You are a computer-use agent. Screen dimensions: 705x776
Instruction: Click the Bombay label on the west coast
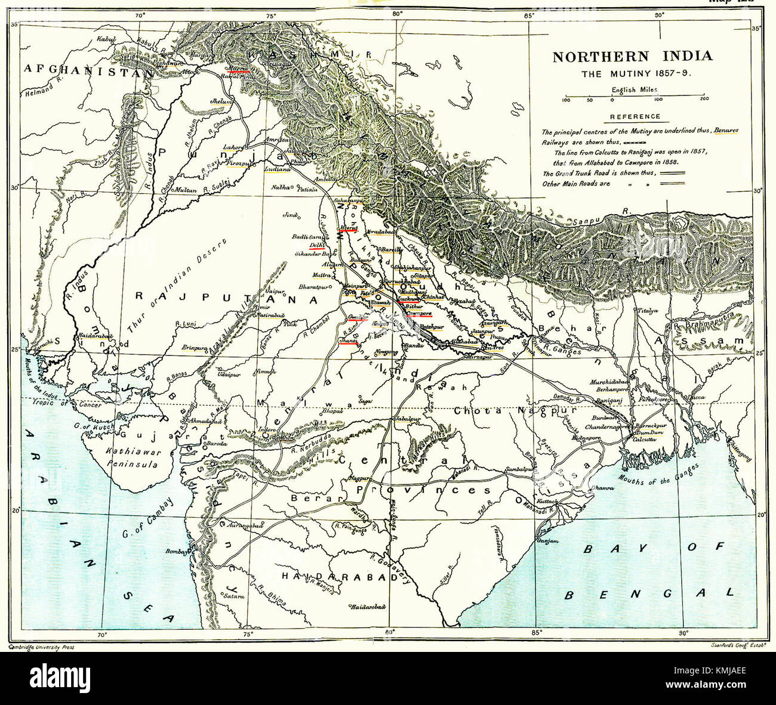(x=175, y=551)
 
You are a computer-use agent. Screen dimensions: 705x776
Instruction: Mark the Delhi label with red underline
(x=316, y=245)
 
